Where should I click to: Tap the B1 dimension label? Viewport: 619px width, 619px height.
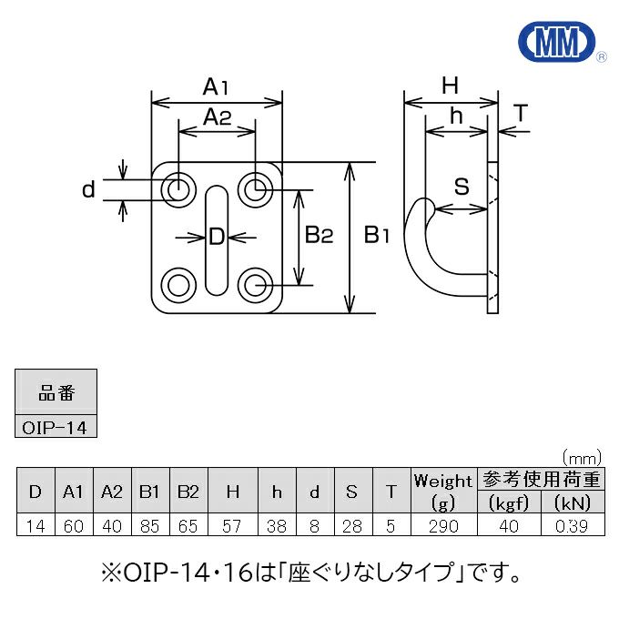pos(377,236)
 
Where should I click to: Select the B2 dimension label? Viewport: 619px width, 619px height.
pos(320,236)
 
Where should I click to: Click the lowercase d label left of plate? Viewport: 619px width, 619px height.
pos(88,189)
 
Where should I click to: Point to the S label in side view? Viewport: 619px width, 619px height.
pos(462,187)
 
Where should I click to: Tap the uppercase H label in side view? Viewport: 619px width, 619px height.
pos(450,86)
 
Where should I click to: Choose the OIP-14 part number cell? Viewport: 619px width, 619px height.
pos(56,426)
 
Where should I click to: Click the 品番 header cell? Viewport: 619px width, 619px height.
pos(56,394)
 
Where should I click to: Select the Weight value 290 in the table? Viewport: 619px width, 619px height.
pos(443,526)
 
